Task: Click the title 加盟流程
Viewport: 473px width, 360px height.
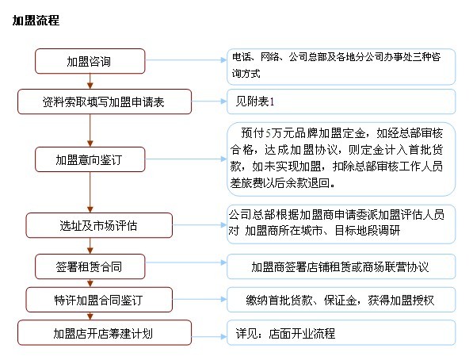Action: (x=35, y=20)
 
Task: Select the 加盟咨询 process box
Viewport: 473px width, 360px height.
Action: (x=90, y=61)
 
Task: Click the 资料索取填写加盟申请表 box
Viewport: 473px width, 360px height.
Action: (x=105, y=101)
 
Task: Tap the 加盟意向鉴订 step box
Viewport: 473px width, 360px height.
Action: (x=90, y=159)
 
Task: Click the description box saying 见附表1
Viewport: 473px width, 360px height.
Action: (x=341, y=101)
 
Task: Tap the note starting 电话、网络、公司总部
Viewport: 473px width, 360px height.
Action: (x=341, y=66)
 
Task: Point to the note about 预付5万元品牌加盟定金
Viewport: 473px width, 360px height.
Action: (x=341, y=158)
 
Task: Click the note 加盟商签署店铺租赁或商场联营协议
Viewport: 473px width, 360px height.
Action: (x=341, y=266)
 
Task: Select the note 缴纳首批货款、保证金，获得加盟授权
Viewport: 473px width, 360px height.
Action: (x=341, y=301)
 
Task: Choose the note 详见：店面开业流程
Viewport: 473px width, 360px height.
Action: (x=341, y=333)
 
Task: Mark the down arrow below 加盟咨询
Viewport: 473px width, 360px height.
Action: (x=90, y=81)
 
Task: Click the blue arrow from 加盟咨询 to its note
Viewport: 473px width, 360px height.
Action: (x=185, y=61)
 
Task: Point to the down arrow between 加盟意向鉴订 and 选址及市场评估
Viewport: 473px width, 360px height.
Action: (x=90, y=191)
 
